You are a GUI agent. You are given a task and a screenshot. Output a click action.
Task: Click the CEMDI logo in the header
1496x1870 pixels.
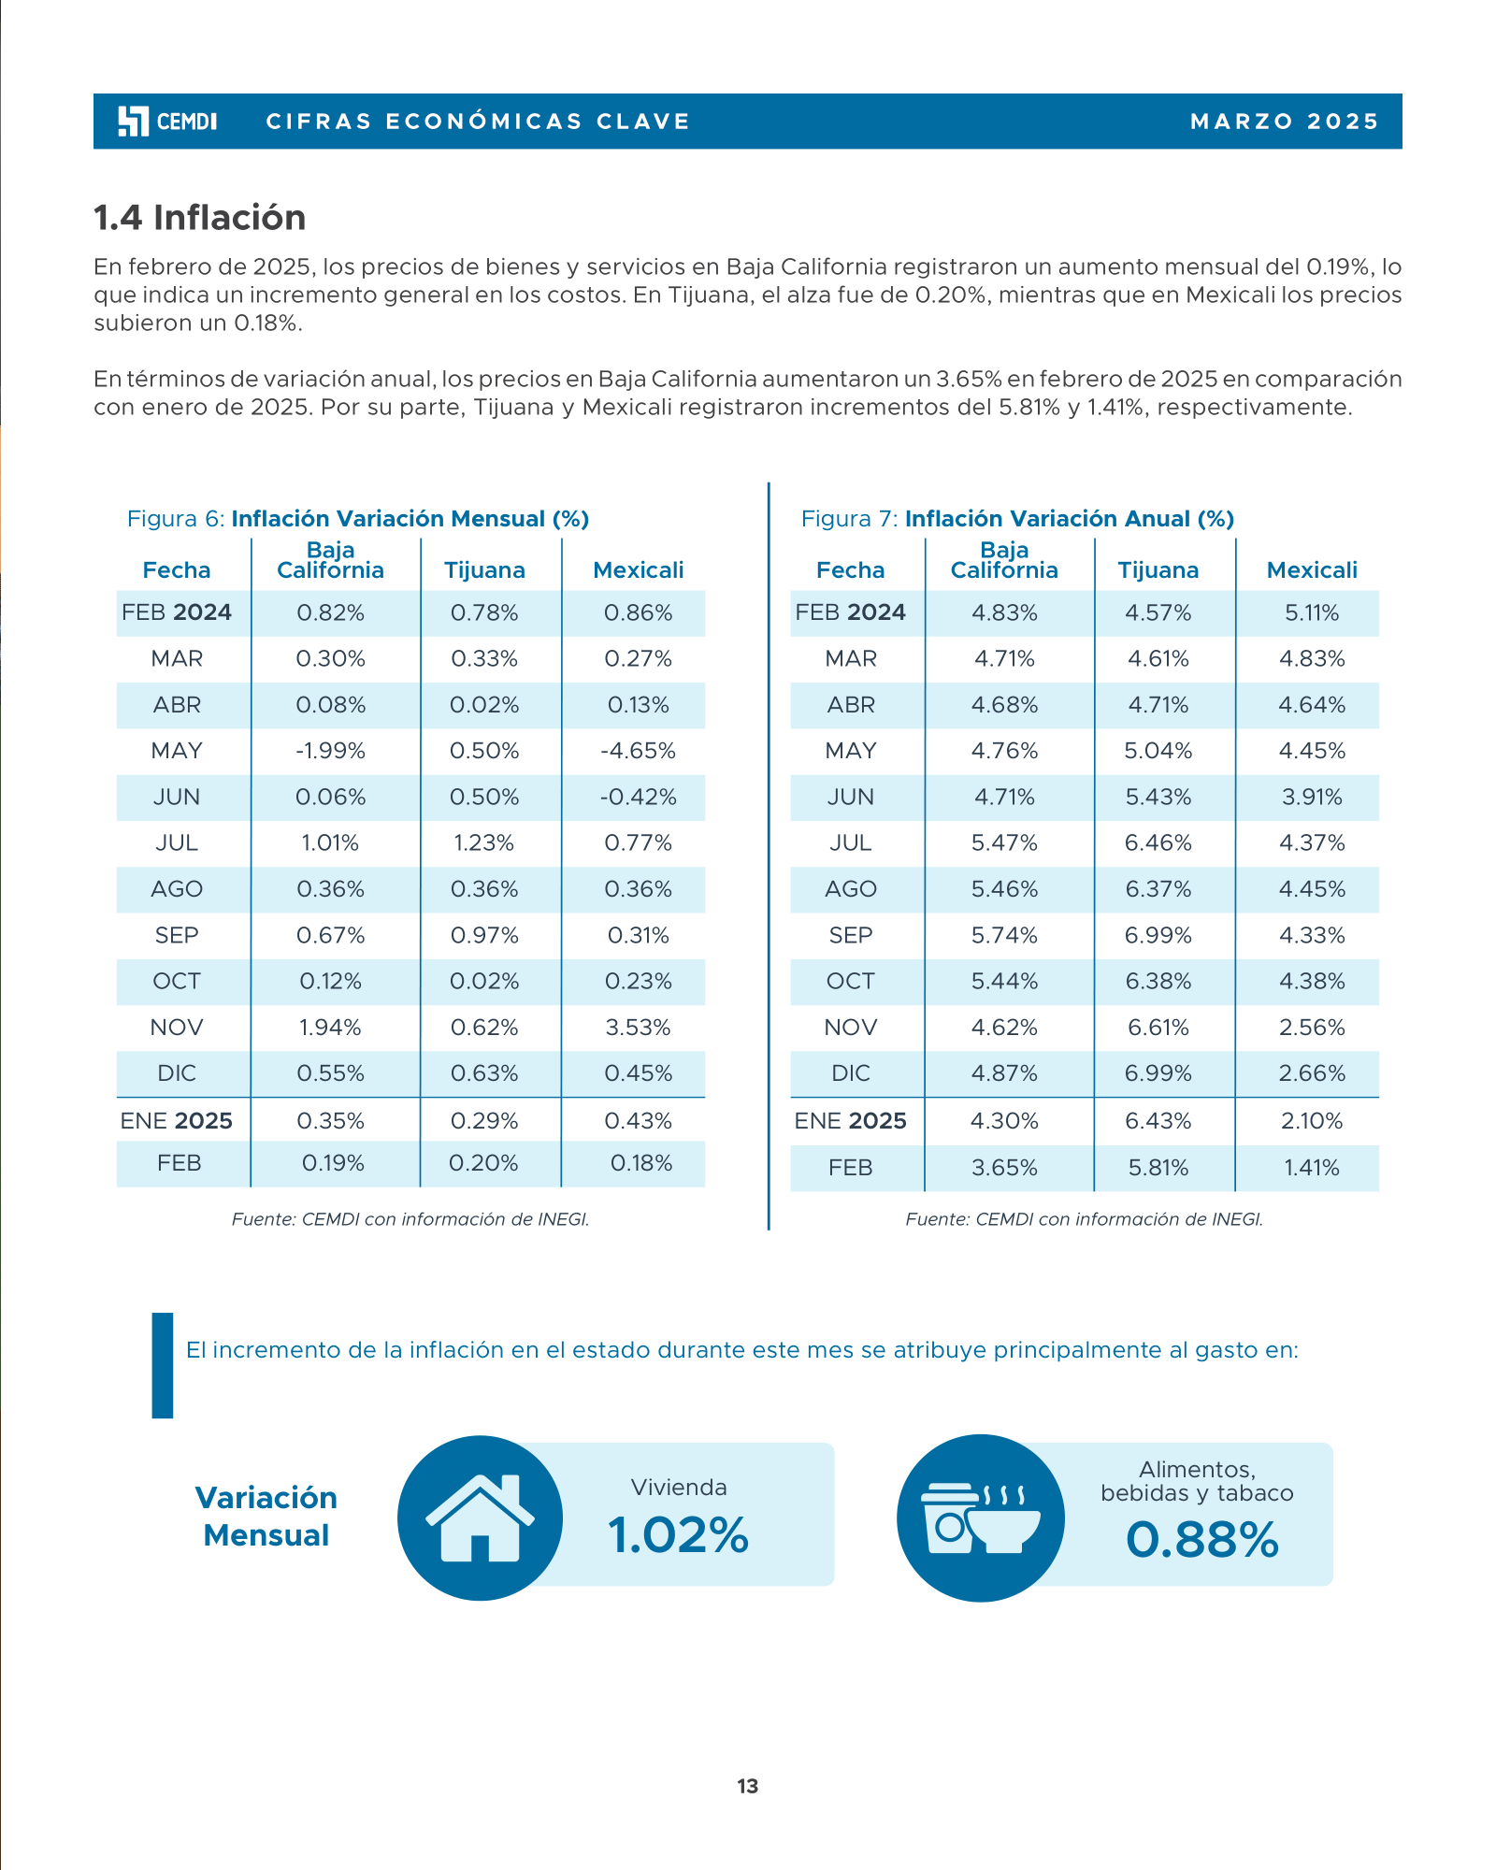167,122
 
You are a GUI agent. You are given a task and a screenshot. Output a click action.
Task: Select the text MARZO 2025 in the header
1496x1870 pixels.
1285,122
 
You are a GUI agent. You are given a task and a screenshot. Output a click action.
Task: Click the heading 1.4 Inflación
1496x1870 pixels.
200,218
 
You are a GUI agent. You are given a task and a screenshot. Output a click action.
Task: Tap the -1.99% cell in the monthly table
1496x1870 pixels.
331,751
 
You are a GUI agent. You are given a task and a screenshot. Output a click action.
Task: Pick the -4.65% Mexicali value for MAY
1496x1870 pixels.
639,751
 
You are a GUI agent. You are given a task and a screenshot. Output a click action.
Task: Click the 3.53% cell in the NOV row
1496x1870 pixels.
639,1028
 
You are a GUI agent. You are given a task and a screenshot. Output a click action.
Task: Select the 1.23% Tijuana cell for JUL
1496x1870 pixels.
484,843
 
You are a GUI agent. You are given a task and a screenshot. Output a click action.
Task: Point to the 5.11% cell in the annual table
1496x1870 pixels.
1312,613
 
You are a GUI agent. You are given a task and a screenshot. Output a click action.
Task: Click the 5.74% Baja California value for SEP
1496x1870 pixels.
1004,935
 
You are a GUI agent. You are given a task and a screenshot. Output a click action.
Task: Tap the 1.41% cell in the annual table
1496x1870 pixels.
1312,1168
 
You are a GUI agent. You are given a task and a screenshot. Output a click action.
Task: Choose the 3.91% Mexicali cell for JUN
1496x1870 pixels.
1312,798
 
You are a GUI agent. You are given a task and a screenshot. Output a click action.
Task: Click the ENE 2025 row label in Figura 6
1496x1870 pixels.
177,1121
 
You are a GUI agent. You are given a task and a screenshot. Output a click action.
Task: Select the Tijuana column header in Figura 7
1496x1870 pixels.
1158,570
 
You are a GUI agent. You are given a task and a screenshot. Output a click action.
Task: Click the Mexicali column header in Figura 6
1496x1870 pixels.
639,570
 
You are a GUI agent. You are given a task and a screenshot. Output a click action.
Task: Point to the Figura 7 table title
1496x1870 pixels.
1017,519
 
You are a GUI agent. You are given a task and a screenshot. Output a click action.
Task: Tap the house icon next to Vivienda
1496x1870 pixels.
480,1518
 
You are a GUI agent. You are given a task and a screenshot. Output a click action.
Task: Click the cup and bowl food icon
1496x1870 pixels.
980,1518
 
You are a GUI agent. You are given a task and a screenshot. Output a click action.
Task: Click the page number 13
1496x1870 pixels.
748,1787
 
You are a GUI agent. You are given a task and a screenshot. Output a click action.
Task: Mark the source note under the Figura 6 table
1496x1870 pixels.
410,1219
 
